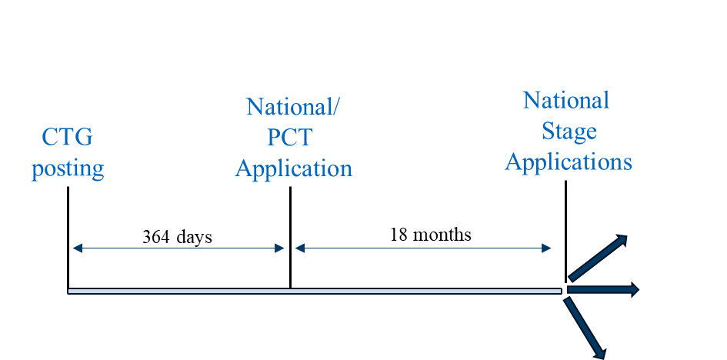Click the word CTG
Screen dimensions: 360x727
67,138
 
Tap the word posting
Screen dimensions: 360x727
68,168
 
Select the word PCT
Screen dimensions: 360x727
290,138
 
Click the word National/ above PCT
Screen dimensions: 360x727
292,107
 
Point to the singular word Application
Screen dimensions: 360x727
293,168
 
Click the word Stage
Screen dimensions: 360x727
569,132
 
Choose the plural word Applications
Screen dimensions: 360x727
569,162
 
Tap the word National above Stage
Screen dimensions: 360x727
566,101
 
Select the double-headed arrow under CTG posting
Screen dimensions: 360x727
178,248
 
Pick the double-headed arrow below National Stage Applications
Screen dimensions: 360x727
423,248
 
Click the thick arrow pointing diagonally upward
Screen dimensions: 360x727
598,258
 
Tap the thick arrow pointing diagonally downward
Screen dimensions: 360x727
587,327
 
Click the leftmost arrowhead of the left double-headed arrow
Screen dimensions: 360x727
75,248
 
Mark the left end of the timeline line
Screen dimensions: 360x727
70,291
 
